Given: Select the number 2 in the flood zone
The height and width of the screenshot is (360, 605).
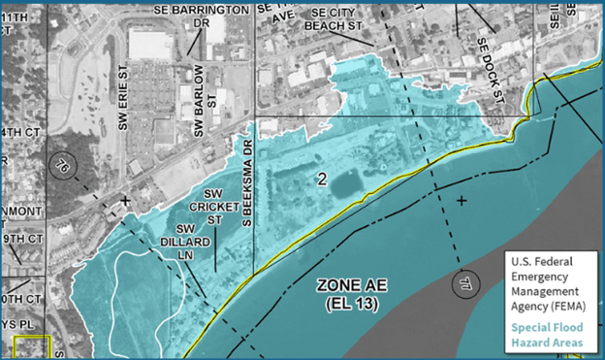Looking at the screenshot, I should pos(320,179).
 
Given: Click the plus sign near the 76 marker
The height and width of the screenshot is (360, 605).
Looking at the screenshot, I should pos(125,201).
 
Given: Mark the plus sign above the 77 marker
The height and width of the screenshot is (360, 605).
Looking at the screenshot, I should pos(462,200).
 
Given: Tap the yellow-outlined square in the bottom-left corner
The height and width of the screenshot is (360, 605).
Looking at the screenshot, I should pos(32,348).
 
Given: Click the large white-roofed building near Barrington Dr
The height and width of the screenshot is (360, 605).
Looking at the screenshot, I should pos(151,44).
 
